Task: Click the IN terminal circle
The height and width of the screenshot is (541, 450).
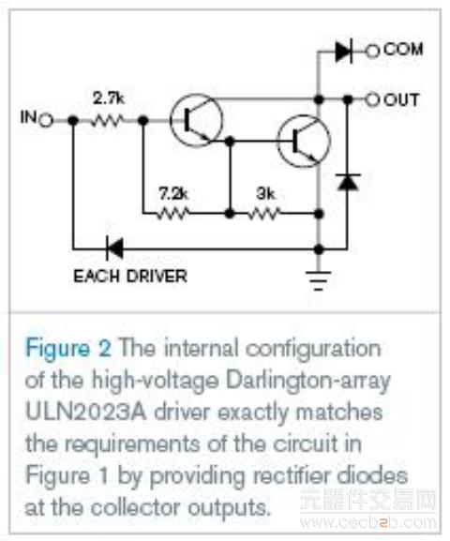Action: coord(46,121)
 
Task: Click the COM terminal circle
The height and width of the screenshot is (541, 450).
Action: coord(372,52)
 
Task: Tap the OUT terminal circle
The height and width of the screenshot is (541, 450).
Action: coord(372,100)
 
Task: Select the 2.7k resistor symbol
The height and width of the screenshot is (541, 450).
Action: coord(106,121)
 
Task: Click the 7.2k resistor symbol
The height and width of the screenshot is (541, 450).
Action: coord(172,214)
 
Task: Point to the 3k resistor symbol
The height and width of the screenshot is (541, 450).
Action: coord(265,214)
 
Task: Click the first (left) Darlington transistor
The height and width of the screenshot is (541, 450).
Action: coord(197,120)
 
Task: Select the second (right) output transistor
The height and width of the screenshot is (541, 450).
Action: coord(304,142)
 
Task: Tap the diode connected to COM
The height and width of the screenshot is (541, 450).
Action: coord(344,52)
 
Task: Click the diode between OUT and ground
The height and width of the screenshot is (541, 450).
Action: coord(348,182)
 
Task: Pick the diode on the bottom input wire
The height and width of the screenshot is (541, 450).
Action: coord(115,248)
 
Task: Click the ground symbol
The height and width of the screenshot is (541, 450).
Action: coord(319,280)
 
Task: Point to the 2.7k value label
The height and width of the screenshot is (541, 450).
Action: coord(108,99)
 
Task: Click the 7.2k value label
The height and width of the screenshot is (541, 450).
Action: coord(173,194)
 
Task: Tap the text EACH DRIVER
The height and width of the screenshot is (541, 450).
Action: coord(130,276)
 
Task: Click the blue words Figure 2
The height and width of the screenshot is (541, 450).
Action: coord(68,349)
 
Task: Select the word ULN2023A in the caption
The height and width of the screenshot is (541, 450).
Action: coord(86,413)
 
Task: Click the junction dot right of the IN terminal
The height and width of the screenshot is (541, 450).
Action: coord(72,121)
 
